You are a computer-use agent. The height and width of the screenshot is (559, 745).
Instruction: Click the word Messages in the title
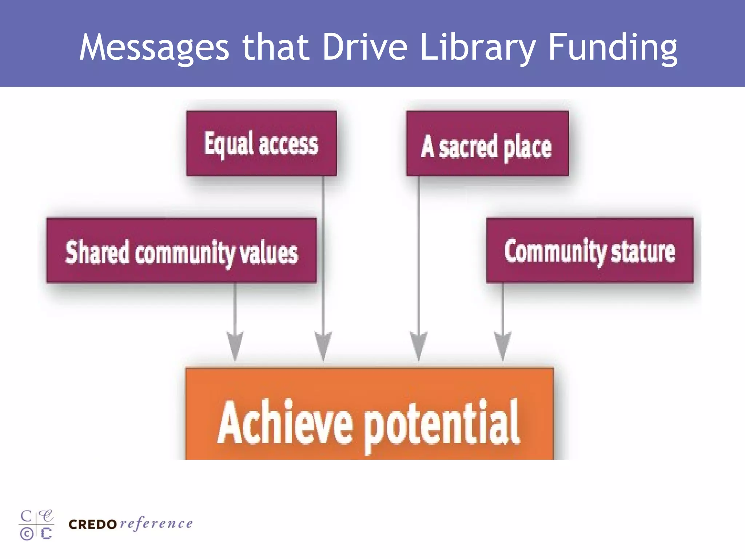coord(154,47)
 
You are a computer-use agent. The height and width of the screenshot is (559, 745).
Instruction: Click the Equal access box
coord(261,144)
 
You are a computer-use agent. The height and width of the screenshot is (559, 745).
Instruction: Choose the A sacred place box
coord(487,144)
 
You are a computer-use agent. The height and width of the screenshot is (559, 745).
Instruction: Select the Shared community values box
coord(182,251)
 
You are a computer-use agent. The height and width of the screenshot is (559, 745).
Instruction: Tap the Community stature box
coord(590,251)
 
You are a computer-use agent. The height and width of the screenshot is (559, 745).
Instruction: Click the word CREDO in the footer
coord(92,524)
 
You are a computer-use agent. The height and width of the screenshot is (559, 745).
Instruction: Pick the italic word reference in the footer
coord(156,524)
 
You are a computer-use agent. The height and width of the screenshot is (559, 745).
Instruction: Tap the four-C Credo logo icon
coord(37,525)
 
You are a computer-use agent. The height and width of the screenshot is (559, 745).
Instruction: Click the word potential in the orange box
coord(442,424)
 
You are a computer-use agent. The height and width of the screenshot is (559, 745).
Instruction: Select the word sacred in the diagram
coord(468,147)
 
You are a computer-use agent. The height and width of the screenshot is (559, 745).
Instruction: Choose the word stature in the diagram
coord(643,252)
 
